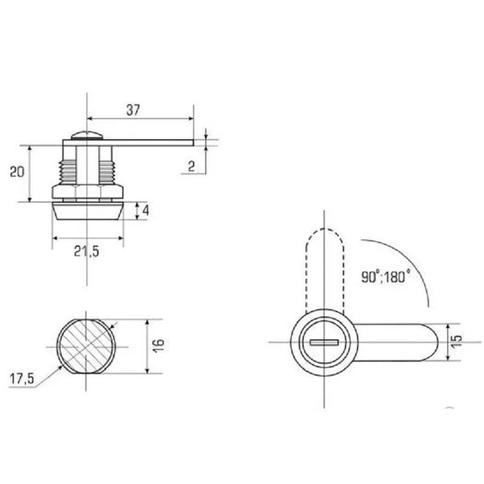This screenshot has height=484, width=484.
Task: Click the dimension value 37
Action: [133, 110]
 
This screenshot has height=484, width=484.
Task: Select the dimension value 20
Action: [17, 171]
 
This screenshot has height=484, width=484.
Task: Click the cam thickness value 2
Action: [191, 166]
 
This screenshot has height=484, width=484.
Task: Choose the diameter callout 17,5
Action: [22, 380]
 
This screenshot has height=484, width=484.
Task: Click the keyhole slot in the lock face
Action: [324, 342]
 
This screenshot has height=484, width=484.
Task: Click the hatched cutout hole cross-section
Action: [86, 346]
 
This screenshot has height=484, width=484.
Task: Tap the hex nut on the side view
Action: [87, 192]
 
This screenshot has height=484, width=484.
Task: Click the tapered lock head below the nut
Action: [87, 211]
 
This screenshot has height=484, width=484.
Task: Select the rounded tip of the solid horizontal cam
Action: [431, 342]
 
